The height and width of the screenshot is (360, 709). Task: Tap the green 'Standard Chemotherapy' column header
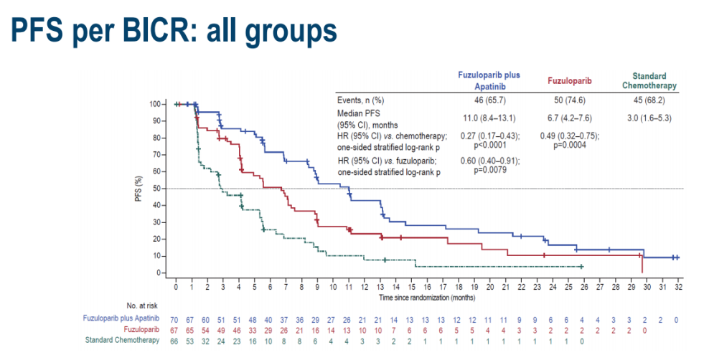[649, 80]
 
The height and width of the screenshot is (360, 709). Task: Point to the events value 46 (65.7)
[489, 100]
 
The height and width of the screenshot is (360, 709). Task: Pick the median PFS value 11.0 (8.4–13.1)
[489, 118]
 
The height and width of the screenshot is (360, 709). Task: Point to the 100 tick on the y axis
[157, 104]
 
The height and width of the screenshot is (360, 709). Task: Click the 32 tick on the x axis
[677, 286]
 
